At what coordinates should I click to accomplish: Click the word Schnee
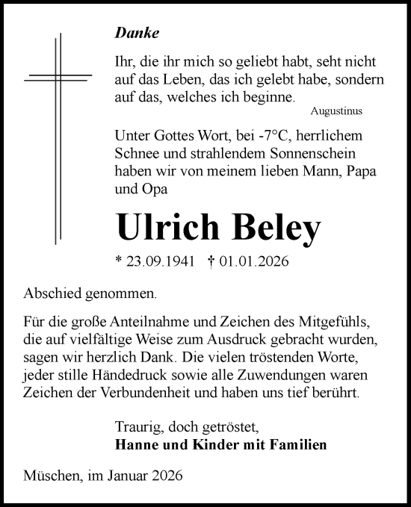(x=137, y=155)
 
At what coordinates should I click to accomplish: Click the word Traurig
(x=137, y=428)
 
